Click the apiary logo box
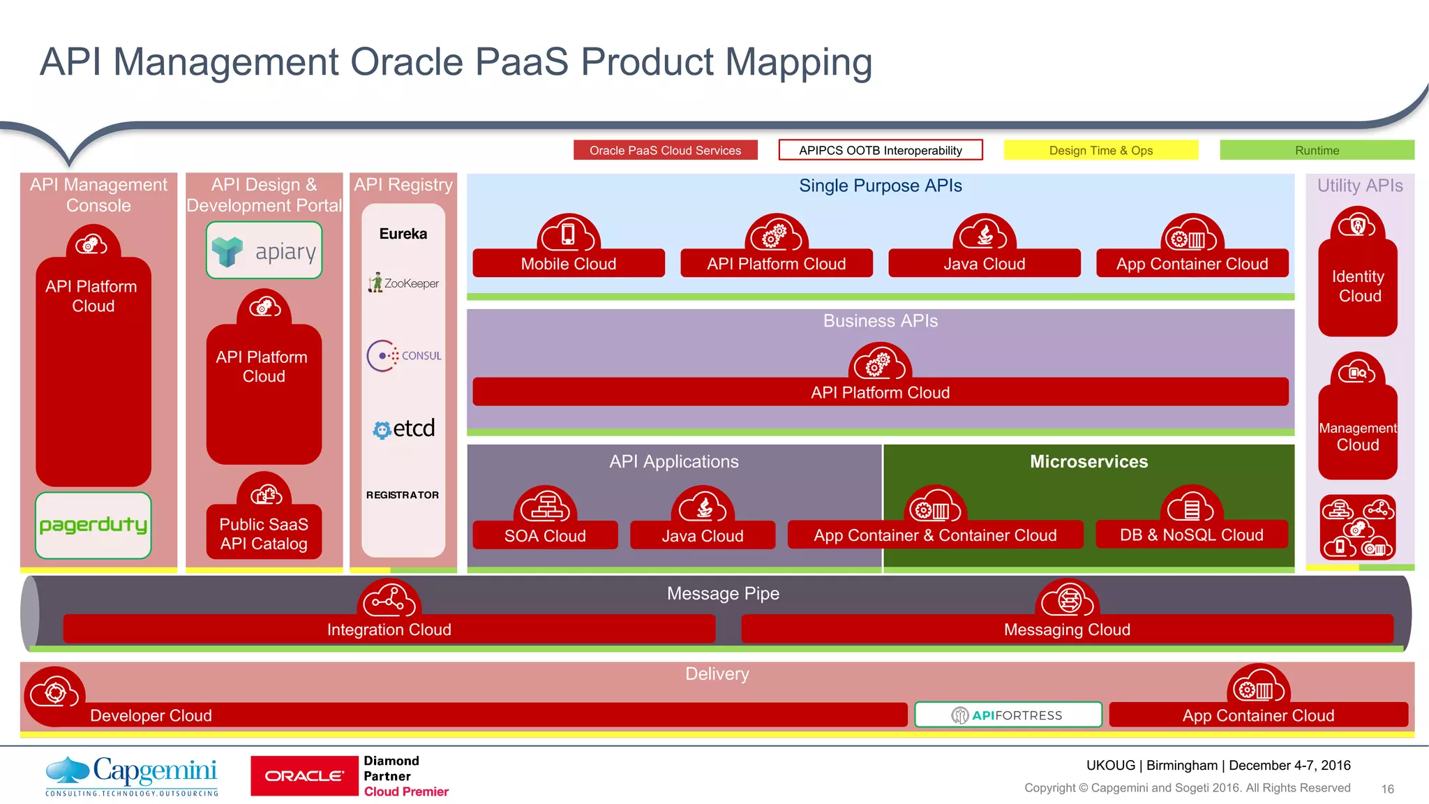click(x=264, y=251)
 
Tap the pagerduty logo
click(x=93, y=525)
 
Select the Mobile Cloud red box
click(x=568, y=264)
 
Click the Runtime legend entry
click(x=1316, y=150)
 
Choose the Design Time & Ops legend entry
click(x=1100, y=150)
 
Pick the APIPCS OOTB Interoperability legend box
click(x=880, y=150)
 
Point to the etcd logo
click(x=404, y=428)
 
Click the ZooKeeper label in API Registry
click(x=404, y=283)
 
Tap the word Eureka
click(x=403, y=234)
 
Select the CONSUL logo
click(x=404, y=355)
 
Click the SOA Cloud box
click(x=545, y=535)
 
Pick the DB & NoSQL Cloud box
click(x=1191, y=535)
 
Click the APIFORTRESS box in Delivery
click(x=1008, y=715)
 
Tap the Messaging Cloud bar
click(x=1066, y=630)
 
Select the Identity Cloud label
click(x=1358, y=286)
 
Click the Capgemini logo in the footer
click(x=132, y=775)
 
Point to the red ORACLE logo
click(x=304, y=775)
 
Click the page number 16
click(x=1387, y=789)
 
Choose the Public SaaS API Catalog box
click(x=264, y=534)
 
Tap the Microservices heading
click(x=1088, y=461)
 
